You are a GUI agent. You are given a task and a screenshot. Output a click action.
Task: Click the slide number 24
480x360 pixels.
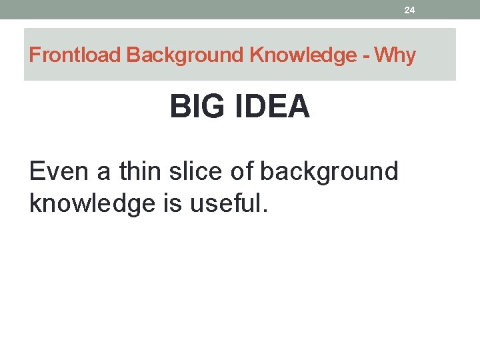click(409, 10)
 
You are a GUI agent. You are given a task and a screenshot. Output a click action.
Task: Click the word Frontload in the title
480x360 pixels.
click(76, 55)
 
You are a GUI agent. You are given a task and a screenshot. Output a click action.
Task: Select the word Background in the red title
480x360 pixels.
click(186, 55)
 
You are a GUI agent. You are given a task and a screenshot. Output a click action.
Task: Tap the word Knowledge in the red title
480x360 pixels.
click(303, 55)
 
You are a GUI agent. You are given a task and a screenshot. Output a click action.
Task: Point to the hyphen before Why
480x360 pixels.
click(366, 56)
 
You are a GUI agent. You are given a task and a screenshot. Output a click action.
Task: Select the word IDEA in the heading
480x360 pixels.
click(273, 107)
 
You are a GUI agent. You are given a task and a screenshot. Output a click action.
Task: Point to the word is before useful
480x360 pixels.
click(175, 203)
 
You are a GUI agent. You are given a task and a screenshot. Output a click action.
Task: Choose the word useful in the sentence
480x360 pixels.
click(224, 203)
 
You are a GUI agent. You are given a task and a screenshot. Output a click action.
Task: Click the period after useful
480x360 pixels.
click(265, 212)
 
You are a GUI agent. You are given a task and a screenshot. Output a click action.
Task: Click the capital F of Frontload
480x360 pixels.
click(35, 55)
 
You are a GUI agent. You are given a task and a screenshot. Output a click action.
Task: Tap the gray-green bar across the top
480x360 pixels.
click(200, 9)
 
